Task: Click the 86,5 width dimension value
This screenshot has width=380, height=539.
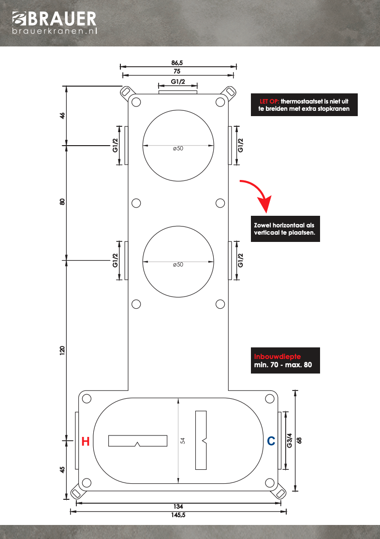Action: [x=178, y=62]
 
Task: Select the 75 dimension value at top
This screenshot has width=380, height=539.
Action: [x=178, y=71]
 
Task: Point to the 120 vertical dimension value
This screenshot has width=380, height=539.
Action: [x=62, y=351]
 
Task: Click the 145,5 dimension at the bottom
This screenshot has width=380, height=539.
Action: [x=178, y=515]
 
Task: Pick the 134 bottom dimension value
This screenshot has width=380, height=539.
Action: [x=178, y=506]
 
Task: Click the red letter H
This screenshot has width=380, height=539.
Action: [x=86, y=441]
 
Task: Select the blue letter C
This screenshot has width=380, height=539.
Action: [x=271, y=441]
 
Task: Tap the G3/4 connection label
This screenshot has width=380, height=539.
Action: [x=289, y=441]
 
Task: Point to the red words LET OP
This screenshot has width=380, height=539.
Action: [x=269, y=102]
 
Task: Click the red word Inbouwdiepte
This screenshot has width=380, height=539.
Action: [x=277, y=357]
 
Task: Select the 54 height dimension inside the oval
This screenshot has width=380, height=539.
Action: [x=183, y=441]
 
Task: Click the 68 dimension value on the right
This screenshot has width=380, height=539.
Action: [x=300, y=441]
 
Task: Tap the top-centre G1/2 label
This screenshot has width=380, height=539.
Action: [x=178, y=82]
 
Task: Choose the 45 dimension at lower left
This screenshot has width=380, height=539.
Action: [x=62, y=470]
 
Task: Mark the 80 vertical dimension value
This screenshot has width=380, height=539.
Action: [x=62, y=202]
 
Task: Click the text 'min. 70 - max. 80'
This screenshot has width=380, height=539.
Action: [x=283, y=365]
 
